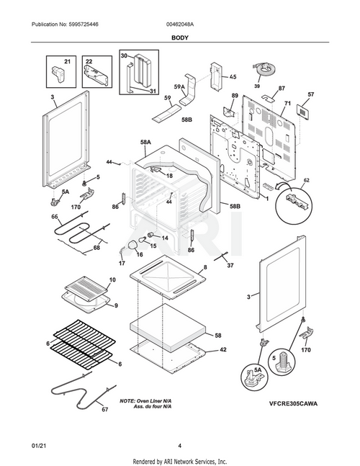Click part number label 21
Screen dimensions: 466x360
click(67, 63)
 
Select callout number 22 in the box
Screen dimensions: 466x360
click(89, 63)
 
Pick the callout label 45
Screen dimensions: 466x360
click(233, 77)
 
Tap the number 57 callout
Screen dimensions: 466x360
click(310, 94)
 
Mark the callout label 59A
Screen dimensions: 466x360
click(179, 87)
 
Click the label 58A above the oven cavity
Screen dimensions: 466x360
click(145, 143)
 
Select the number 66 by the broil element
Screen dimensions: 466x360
click(54, 217)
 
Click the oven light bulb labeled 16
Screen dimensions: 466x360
click(132, 248)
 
